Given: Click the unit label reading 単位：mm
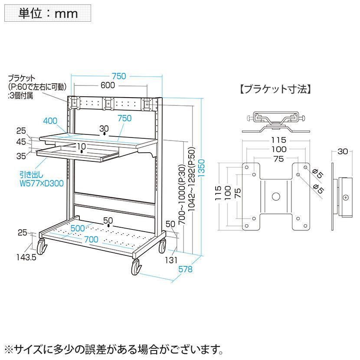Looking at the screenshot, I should (48, 13).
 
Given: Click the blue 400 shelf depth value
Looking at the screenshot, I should (51, 120).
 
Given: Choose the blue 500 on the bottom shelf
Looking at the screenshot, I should (79, 229).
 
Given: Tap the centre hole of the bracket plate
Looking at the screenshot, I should (276, 196).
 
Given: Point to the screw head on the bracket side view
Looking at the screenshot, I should (345, 197).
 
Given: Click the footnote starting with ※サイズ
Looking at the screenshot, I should (115, 348).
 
